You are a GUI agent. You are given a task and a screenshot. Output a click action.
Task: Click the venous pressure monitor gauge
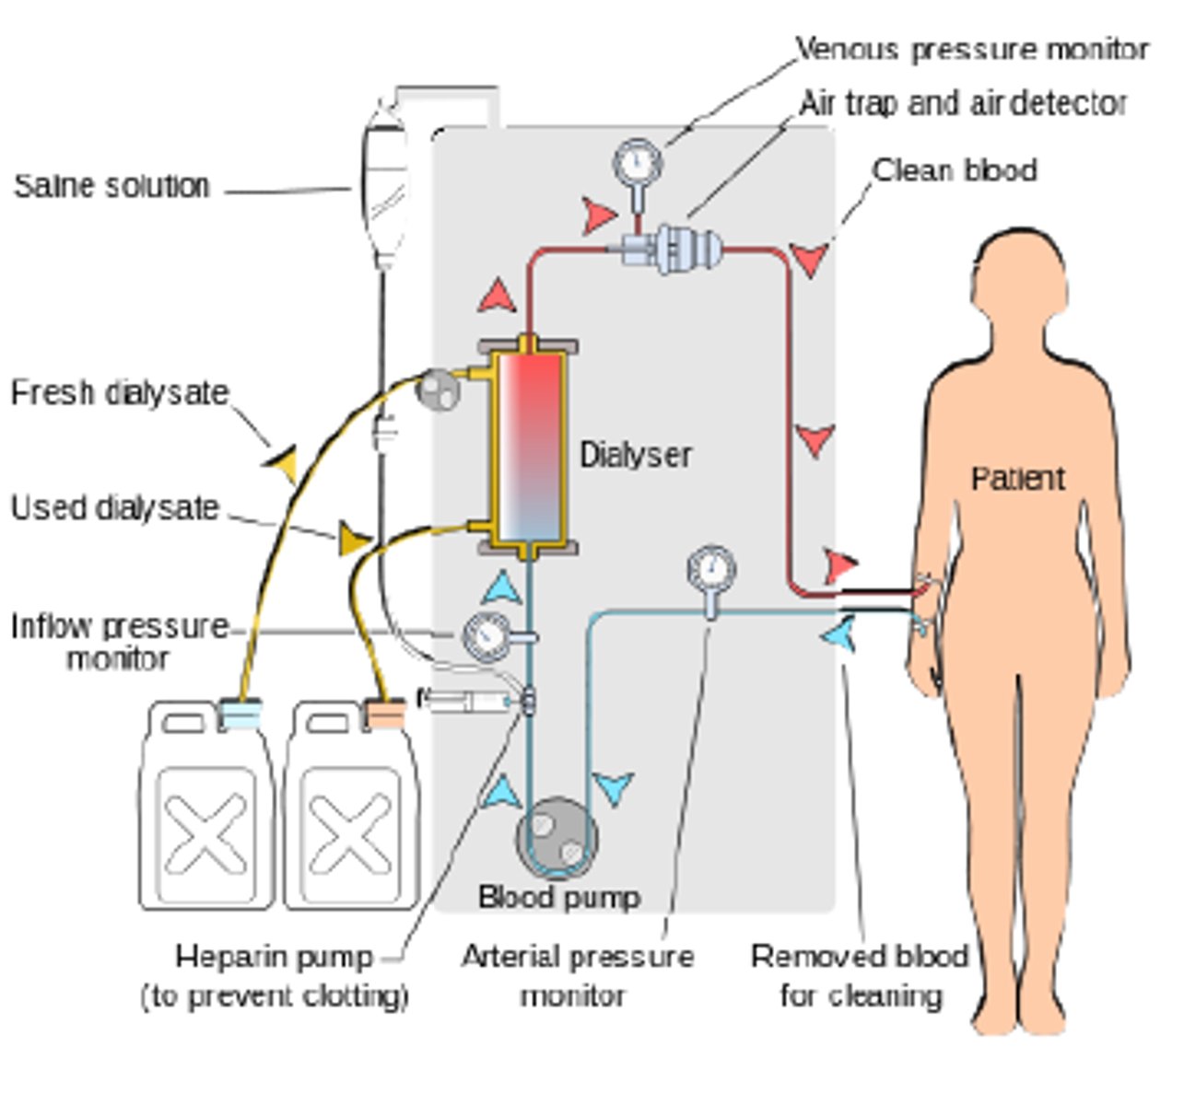click(637, 164)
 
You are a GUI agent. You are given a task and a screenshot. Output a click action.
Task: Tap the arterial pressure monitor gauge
click(710, 570)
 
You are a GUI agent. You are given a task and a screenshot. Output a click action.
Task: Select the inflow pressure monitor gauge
click(485, 637)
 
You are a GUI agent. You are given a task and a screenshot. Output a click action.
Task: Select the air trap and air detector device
click(678, 247)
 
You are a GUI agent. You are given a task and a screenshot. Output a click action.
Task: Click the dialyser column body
click(527, 448)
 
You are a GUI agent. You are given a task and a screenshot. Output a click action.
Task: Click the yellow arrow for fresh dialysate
click(282, 463)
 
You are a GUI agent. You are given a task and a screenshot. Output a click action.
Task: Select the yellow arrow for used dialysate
click(353, 540)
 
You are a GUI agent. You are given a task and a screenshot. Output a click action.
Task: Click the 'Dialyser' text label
click(635, 455)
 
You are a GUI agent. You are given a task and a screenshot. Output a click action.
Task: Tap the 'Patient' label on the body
click(1017, 478)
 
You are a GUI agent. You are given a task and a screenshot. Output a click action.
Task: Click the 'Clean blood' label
click(955, 170)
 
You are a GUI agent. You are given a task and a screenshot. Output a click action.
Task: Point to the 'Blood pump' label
click(558, 897)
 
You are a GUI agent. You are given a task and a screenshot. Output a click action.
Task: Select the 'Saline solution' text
click(111, 186)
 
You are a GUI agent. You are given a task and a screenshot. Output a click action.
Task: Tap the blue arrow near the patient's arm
click(838, 634)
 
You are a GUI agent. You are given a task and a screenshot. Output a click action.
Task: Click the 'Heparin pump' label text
click(274, 957)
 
